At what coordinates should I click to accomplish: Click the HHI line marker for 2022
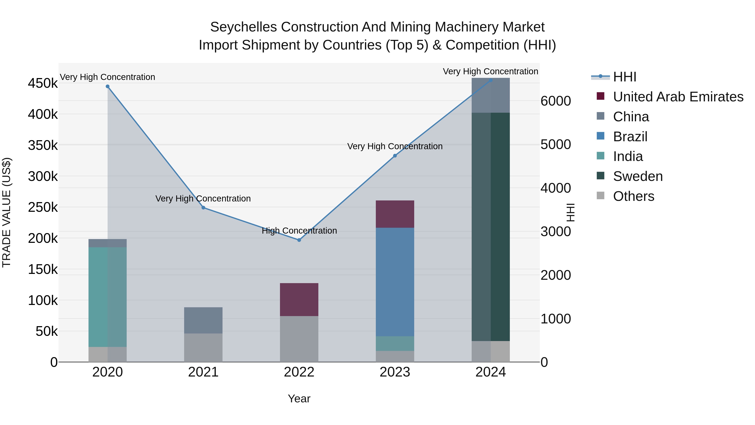299,240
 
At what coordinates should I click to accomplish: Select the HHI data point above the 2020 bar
108,86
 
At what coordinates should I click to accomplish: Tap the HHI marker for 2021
203,208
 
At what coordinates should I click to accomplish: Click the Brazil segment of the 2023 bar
395,282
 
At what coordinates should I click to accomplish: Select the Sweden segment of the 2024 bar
491,226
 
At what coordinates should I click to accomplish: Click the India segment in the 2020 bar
108,297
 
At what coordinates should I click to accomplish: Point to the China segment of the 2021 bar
203,320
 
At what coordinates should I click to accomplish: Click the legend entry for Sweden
638,176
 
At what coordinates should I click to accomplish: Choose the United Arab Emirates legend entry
678,97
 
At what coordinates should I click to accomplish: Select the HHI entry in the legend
624,77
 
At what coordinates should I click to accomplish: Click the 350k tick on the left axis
43,145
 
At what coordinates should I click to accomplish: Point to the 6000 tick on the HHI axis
555,101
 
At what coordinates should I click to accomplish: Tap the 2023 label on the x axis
395,372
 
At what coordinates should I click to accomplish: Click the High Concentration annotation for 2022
299,230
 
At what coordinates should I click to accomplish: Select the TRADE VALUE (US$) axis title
7,212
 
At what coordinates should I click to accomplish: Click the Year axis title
299,399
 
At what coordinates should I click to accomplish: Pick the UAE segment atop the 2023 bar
395,214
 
